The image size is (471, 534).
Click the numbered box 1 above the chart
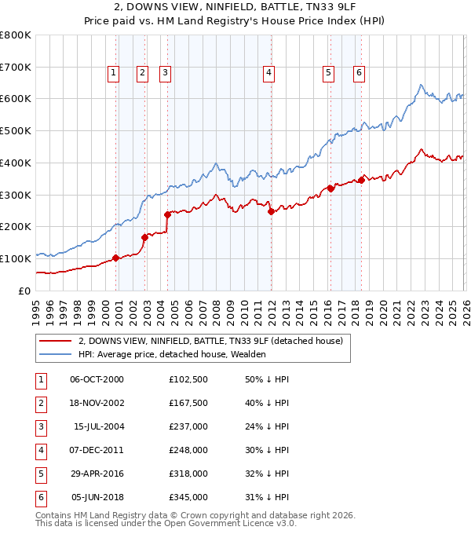pos(113,73)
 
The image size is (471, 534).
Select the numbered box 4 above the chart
pos(268,73)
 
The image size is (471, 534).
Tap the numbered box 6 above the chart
pos(359,73)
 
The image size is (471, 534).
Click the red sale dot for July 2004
pos(168,214)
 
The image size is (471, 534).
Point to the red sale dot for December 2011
pos(270,211)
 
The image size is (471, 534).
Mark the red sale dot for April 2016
pos(330,188)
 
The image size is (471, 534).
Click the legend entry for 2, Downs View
pos(210,342)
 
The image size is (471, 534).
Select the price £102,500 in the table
pos(188,379)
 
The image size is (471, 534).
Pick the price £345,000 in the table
pos(188,497)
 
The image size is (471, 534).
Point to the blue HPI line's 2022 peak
pos(421,85)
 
